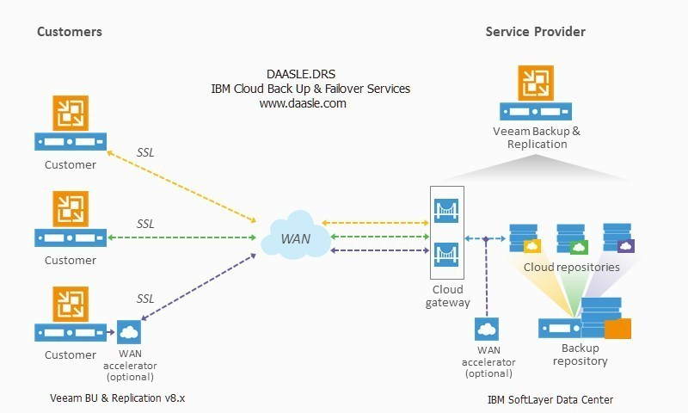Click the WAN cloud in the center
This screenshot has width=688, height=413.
click(x=296, y=236)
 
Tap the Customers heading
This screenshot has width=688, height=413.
click(x=70, y=32)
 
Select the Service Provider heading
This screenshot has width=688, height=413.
click(x=535, y=32)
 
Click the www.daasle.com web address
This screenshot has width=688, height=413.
click(x=303, y=103)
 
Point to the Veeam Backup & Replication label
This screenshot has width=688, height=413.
click(x=537, y=138)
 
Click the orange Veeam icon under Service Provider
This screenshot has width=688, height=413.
click(x=536, y=83)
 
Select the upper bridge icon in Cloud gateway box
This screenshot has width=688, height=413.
click(x=446, y=211)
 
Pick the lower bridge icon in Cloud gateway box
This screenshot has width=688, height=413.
click(x=446, y=255)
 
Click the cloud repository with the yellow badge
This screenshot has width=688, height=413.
click(x=525, y=238)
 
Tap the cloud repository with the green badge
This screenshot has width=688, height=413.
click(x=572, y=238)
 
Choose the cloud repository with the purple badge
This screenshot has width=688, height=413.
click(x=618, y=237)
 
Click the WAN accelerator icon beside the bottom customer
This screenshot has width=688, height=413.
click(x=129, y=332)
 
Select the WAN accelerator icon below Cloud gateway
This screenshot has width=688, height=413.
click(x=487, y=329)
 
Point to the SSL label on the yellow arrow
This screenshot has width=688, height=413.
click(x=145, y=152)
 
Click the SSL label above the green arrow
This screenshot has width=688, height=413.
click(x=145, y=224)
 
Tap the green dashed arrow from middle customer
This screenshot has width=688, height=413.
click(x=181, y=237)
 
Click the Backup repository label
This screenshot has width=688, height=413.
click(x=580, y=354)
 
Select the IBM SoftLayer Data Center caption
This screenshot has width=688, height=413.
click(x=550, y=400)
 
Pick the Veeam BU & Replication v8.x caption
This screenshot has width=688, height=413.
click(x=118, y=398)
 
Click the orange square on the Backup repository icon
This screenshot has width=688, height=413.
click(x=617, y=329)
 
